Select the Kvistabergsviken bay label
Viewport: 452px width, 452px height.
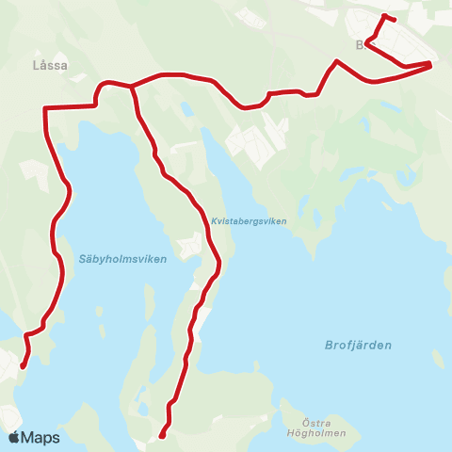pyautogui.click(x=249, y=220)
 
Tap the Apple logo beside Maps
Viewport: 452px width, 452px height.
pyautogui.click(x=14, y=438)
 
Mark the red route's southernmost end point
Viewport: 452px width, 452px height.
pyautogui.click(x=162, y=436)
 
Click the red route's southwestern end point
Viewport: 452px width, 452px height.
pyautogui.click(x=21, y=366)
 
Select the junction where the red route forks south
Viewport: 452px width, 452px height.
pyautogui.click(x=131, y=86)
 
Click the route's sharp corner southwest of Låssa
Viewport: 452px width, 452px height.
pyautogui.click(x=45, y=108)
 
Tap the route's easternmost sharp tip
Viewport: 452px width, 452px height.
pyautogui.click(x=430, y=64)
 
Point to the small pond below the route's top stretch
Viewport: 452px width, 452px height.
pyautogui.click(x=187, y=108)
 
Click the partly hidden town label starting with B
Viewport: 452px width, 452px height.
pyautogui.click(x=360, y=44)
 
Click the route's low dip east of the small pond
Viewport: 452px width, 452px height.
pyautogui.click(x=247, y=107)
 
